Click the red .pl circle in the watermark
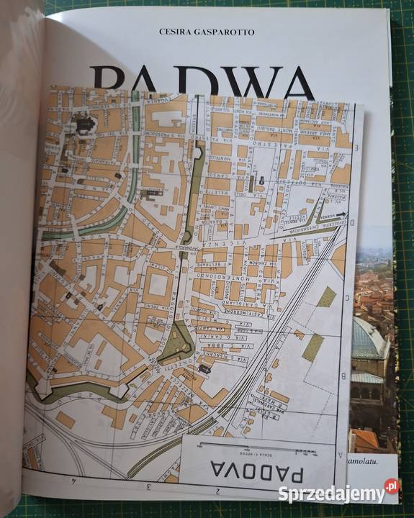[x=391, y=486]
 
